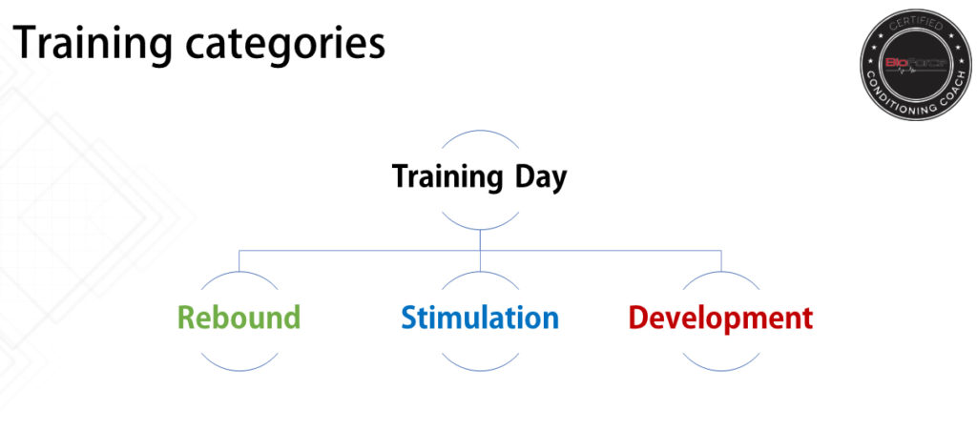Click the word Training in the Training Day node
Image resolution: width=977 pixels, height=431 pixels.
pos(447,178)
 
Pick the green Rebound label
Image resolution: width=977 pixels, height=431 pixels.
pos(239,317)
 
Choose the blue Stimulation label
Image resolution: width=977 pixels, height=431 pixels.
pos(480,317)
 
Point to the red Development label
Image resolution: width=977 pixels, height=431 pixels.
pos(721,318)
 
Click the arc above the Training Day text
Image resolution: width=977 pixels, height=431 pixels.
pos(480,131)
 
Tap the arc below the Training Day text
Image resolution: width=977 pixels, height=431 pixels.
pos(480,229)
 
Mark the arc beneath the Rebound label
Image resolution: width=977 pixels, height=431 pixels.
pos(239,371)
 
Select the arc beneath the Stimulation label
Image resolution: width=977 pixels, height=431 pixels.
pos(480,371)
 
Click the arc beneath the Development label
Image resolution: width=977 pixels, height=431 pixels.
pos(721,371)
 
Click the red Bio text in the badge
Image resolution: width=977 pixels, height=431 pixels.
pos(897,62)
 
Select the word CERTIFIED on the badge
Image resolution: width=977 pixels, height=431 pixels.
pos(915,26)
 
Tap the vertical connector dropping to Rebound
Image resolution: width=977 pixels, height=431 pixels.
pos(239,261)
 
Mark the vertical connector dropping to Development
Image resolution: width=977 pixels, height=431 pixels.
pos(721,261)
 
